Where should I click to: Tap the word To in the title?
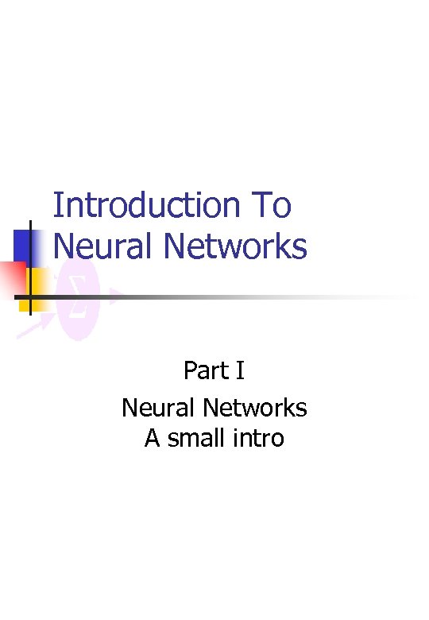(x=271, y=206)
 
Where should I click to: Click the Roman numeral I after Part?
(x=240, y=370)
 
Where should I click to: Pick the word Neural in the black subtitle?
(x=158, y=408)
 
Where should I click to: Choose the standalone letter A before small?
(x=153, y=438)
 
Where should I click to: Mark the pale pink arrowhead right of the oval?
(x=115, y=296)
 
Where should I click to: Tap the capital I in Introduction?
(x=57, y=206)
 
